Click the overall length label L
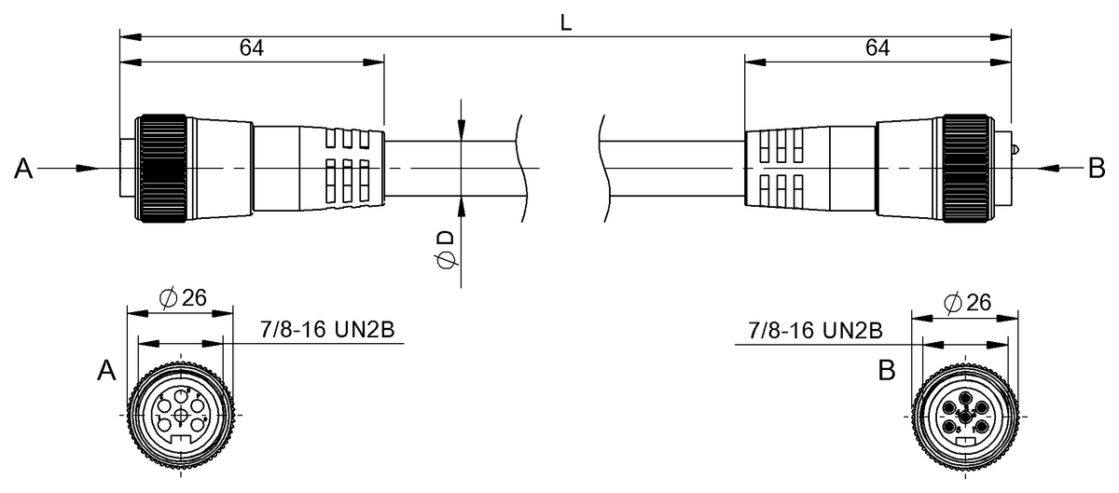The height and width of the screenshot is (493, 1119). pyautogui.click(x=565, y=23)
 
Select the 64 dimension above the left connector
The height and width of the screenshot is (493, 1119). pyautogui.click(x=251, y=48)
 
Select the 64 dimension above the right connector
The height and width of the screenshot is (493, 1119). pyautogui.click(x=877, y=48)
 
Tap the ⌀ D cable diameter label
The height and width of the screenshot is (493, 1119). pyautogui.click(x=447, y=251)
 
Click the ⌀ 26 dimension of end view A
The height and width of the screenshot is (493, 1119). pyautogui.click(x=183, y=299)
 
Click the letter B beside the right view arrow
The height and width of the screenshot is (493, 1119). pyautogui.click(x=1097, y=169)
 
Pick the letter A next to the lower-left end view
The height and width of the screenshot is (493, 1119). pyautogui.click(x=106, y=372)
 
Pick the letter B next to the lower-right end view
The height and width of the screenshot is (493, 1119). pyautogui.click(x=887, y=372)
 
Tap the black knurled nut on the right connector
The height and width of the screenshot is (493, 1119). pyautogui.click(x=965, y=169)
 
